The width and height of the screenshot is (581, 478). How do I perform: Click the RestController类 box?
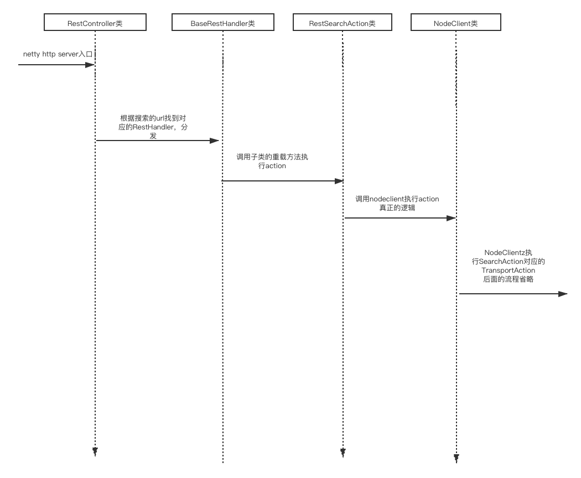(95, 23)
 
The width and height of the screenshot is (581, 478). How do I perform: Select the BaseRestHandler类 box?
(222, 23)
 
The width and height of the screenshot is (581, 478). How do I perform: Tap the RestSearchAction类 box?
(342, 23)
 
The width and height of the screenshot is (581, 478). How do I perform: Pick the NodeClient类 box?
(455, 23)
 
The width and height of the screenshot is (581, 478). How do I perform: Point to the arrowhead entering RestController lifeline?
(90, 65)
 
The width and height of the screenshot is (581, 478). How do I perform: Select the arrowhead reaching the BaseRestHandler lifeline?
(215, 141)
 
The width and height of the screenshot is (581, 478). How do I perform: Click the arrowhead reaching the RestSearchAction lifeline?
(339, 181)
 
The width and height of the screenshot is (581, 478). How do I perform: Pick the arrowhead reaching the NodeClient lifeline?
(451, 218)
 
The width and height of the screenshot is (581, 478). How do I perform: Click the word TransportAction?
(508, 271)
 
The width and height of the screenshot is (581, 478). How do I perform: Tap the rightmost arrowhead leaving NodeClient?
(563, 294)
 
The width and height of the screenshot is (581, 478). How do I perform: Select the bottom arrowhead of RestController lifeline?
(95, 453)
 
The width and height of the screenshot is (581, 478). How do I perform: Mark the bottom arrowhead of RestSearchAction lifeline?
(343, 454)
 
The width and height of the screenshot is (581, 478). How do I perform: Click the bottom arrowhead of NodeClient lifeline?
(456, 459)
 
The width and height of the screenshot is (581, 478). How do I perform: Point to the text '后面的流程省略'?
(508, 279)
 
